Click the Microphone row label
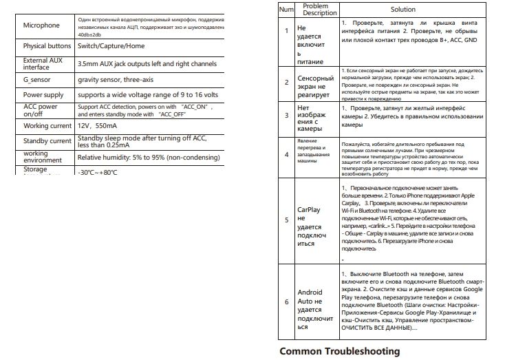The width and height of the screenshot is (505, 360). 41,25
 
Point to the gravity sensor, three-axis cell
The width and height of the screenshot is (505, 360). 118,80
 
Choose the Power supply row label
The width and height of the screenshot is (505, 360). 43,94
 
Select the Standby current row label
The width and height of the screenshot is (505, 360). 47,140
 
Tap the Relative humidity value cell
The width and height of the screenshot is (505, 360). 143,156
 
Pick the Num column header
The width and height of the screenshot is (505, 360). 287,10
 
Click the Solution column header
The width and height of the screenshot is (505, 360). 402,10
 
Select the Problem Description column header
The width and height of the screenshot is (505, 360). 315,10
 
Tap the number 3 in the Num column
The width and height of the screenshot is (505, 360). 287,116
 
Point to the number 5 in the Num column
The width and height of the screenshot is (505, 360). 287,220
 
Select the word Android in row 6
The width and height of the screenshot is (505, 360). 310,293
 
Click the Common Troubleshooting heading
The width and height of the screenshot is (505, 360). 340,351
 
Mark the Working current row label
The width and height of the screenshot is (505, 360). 47,126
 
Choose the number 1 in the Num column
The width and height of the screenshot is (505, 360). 287,31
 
